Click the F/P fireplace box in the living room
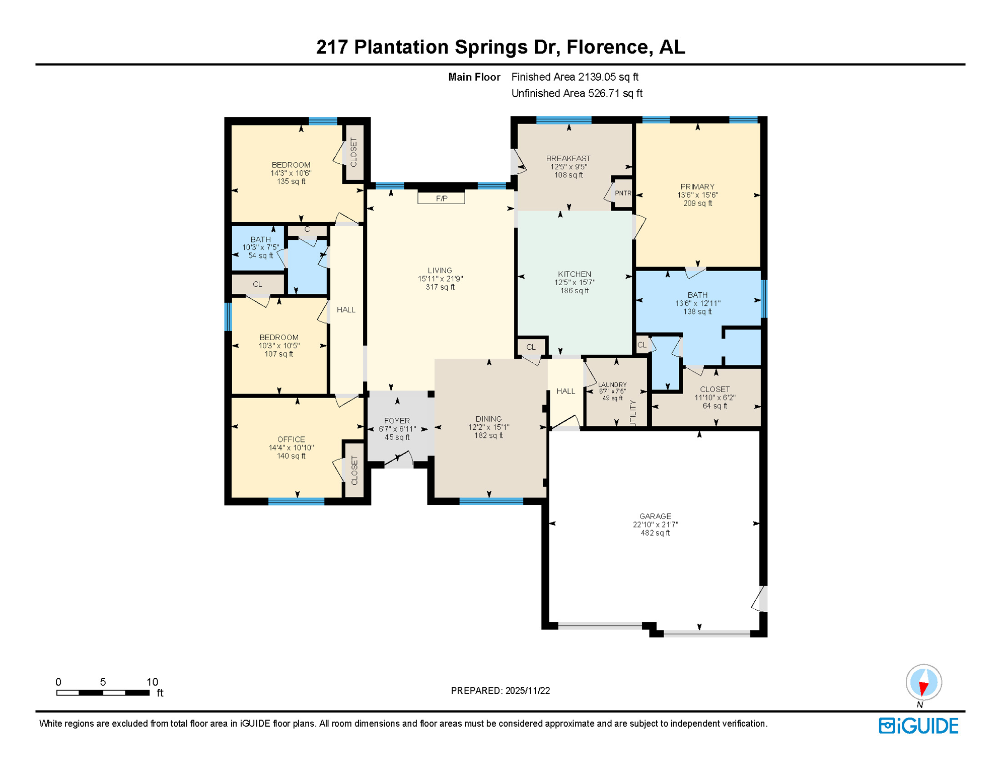pos(441,198)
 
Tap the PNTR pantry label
pos(623,193)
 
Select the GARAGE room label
pos(655,516)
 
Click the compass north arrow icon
pos(923,683)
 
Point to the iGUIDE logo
pos(918,726)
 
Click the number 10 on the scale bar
pos(152,682)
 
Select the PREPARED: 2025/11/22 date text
pos(500,690)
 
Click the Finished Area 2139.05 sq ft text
pos(575,77)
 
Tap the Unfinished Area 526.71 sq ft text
pos(577,93)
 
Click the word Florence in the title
pos(607,47)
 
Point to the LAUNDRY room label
pos(612,384)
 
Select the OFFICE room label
pos(291,439)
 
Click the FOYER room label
pos(397,420)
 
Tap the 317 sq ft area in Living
pos(440,287)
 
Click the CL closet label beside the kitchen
pos(531,347)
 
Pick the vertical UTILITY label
pos(633,414)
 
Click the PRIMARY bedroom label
pos(697,186)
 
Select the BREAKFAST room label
pos(568,158)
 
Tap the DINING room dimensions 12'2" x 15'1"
pos(488,427)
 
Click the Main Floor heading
pos(474,77)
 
